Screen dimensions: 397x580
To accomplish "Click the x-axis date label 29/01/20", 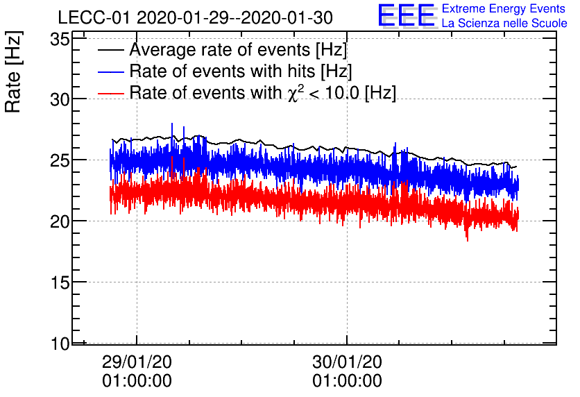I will pos(137,362).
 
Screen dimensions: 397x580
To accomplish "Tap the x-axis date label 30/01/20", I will pos(347,362).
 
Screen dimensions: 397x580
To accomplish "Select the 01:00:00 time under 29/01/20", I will pos(137,381).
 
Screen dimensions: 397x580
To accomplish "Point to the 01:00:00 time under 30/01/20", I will pos(347,381).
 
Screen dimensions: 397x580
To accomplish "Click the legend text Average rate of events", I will pos(238,51).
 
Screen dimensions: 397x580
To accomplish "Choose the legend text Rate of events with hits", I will pos(241,71).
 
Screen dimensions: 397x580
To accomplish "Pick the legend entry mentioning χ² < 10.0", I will pos(263,92).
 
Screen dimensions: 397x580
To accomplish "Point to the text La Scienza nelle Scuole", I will pos(504,23).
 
